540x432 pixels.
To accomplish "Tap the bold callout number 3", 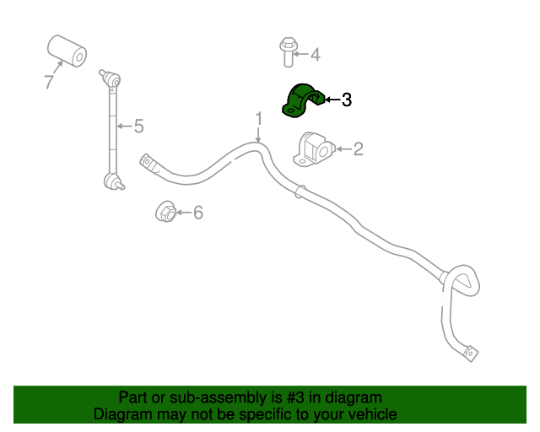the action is pos(347,100).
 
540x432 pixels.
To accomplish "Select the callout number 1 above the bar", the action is pos(259,118).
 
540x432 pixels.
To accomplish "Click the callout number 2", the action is pos(358,148).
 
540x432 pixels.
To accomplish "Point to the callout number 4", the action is pos(316,55).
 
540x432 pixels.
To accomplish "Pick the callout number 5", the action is pos(138,126).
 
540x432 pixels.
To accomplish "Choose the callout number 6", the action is pos(197,213).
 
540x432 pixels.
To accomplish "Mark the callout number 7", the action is pos(49,82).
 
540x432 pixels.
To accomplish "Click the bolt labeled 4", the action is pos(289,52).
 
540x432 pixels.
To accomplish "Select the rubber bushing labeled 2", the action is pos(314,150).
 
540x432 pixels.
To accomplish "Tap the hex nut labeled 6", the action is pos(166,211).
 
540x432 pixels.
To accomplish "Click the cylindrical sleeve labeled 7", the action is pos(67,51).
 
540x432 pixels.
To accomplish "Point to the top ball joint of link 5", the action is pos(111,78).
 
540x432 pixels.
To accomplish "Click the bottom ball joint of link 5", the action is pos(114,181).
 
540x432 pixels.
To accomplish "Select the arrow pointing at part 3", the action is pos(332,100).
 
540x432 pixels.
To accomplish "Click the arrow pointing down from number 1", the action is pos(258,135).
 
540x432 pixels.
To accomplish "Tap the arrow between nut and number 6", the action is pos(184,213).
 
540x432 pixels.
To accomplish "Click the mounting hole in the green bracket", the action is pos(291,111).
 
